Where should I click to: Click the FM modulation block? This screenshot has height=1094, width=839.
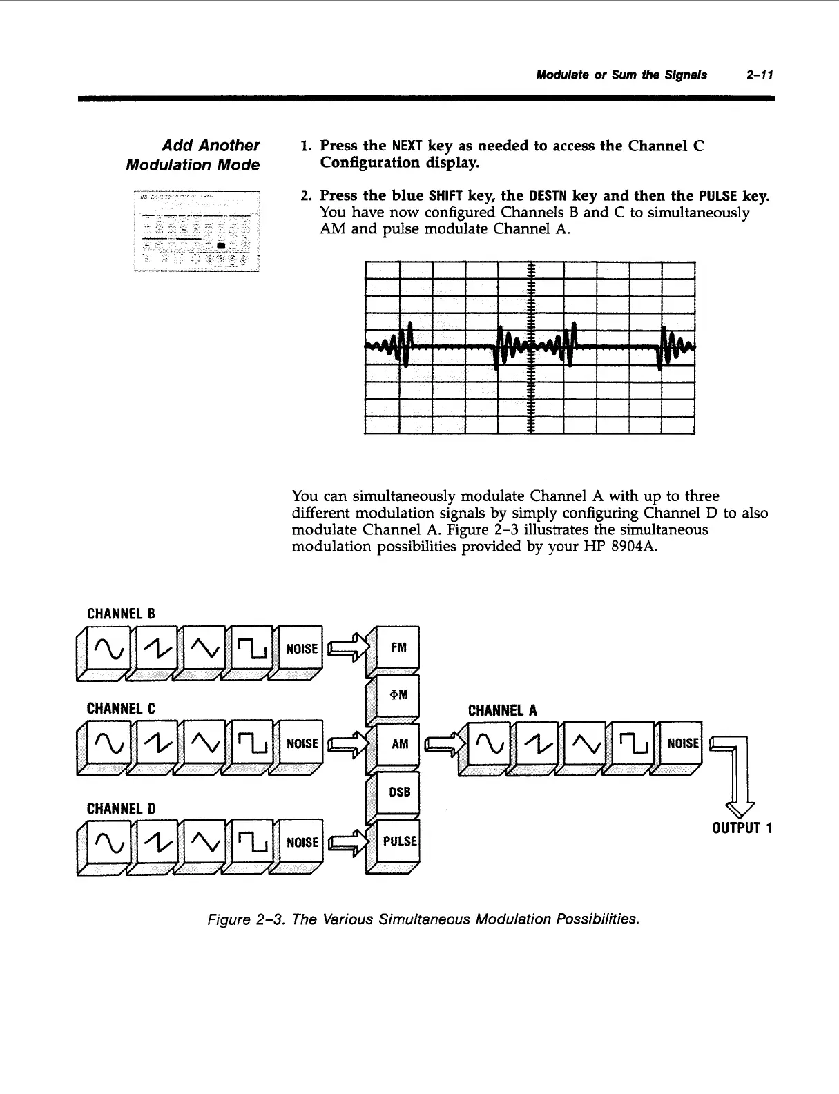(398, 647)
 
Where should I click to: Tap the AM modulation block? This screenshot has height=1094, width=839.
(399, 744)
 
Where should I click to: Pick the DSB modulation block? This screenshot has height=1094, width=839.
(399, 792)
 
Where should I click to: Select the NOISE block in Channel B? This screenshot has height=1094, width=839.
(302, 649)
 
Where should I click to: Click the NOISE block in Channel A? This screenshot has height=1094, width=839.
(682, 743)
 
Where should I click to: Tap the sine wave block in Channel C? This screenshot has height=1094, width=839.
(109, 743)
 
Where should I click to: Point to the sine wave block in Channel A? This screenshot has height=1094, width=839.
(488, 743)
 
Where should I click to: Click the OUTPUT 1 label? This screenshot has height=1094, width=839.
(742, 828)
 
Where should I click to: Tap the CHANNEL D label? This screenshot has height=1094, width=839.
(121, 808)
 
